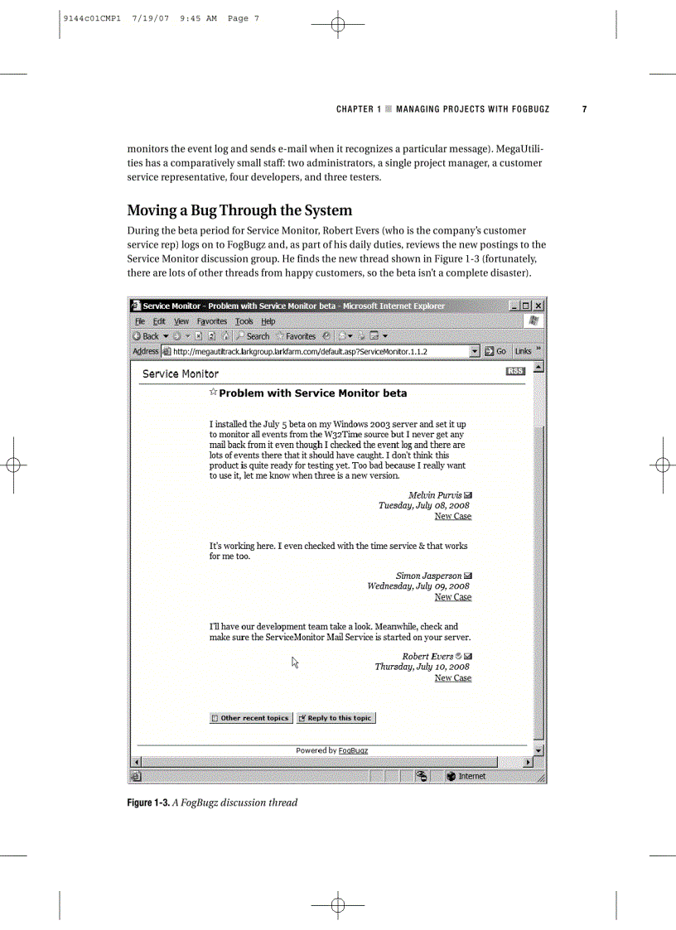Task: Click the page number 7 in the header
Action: [585, 109]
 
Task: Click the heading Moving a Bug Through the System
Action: [239, 210]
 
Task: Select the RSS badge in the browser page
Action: [514, 372]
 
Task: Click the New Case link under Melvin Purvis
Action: [452, 516]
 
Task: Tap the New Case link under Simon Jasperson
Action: [452, 597]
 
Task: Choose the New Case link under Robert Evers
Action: [452, 678]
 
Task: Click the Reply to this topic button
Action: [336, 718]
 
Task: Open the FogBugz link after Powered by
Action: [353, 750]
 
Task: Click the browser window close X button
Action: [538, 306]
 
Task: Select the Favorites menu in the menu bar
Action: [212, 321]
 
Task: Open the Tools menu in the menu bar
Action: [244, 321]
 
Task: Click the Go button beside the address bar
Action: [495, 351]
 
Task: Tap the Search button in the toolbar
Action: [253, 336]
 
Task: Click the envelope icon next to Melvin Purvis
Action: [469, 495]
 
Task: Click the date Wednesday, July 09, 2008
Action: [418, 586]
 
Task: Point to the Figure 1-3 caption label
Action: [147, 802]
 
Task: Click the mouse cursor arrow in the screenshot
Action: [295, 661]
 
